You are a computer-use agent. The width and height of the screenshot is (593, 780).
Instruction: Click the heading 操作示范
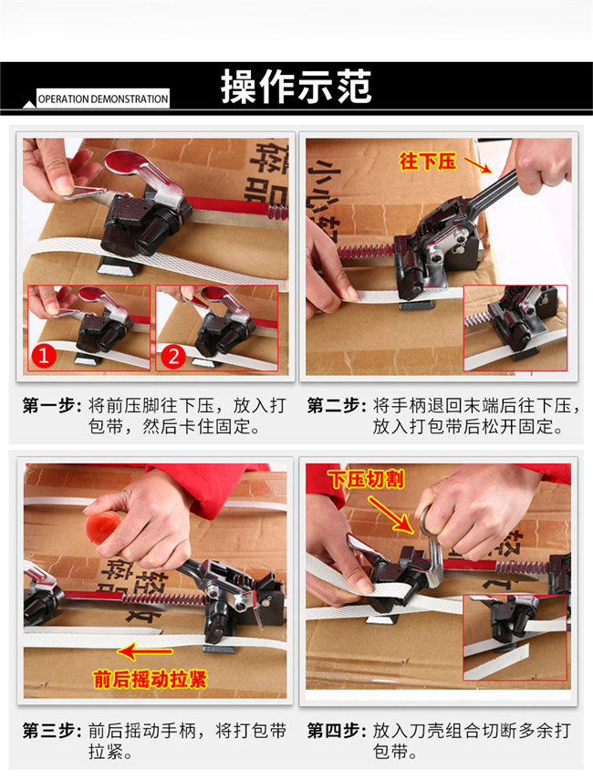click(296, 87)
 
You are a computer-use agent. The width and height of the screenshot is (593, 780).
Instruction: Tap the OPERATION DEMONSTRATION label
click(103, 99)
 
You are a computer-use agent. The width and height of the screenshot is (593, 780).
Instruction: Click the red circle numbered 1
click(43, 356)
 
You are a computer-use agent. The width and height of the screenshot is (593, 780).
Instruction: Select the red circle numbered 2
click(173, 356)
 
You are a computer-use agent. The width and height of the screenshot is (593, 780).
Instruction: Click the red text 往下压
click(427, 161)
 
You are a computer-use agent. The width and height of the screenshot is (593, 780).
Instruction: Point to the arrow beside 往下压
click(478, 165)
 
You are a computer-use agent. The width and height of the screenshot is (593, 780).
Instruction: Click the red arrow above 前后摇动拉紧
click(145, 650)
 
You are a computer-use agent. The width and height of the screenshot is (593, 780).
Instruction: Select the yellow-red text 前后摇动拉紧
click(150, 679)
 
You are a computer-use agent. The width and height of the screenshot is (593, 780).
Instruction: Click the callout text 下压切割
click(366, 479)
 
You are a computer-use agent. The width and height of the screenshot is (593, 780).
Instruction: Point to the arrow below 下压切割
click(391, 515)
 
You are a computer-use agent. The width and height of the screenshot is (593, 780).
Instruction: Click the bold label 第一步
click(52, 405)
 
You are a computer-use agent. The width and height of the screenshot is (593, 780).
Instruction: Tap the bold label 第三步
click(52, 731)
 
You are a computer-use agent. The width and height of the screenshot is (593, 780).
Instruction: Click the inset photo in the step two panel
click(515, 328)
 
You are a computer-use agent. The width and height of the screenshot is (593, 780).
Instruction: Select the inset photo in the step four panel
click(515, 638)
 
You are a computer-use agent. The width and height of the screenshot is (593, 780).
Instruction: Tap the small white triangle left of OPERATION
click(29, 105)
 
